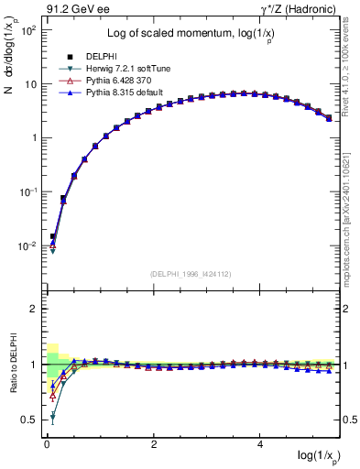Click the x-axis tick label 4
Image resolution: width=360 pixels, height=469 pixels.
coord(261,443)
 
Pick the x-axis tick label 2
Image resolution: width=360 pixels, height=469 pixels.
coord(154,443)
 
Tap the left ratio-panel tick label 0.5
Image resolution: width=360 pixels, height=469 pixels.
coord(29,420)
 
